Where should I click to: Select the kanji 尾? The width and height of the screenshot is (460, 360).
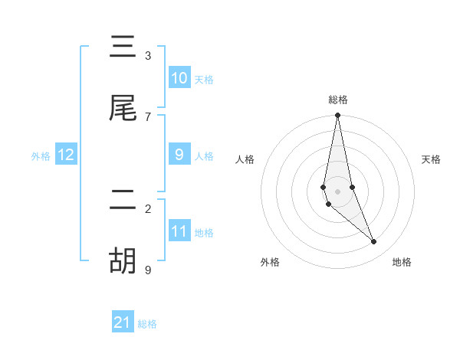[123, 109]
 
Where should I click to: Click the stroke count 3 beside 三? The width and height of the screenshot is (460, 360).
[148, 55]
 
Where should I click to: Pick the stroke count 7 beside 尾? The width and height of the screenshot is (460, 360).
[148, 116]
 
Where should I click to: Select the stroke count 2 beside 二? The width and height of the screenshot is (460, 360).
[148, 208]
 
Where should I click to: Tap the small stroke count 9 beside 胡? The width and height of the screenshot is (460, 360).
[148, 270]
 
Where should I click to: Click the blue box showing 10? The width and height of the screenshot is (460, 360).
[179, 78]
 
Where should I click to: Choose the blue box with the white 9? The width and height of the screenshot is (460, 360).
[179, 155]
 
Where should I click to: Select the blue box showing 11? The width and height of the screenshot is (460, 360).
[179, 231]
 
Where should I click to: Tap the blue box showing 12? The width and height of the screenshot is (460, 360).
[66, 155]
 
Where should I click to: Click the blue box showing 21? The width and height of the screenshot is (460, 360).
[123, 322]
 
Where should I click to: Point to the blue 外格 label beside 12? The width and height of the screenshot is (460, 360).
[41, 156]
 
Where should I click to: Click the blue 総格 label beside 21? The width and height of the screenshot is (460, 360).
[147, 324]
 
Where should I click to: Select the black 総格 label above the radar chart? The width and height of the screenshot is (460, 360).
[338, 100]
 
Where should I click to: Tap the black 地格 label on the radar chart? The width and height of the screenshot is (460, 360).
[402, 263]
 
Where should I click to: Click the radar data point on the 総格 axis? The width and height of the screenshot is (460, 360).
[337, 116]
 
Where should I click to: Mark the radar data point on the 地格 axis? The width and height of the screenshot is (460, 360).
[374, 242]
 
